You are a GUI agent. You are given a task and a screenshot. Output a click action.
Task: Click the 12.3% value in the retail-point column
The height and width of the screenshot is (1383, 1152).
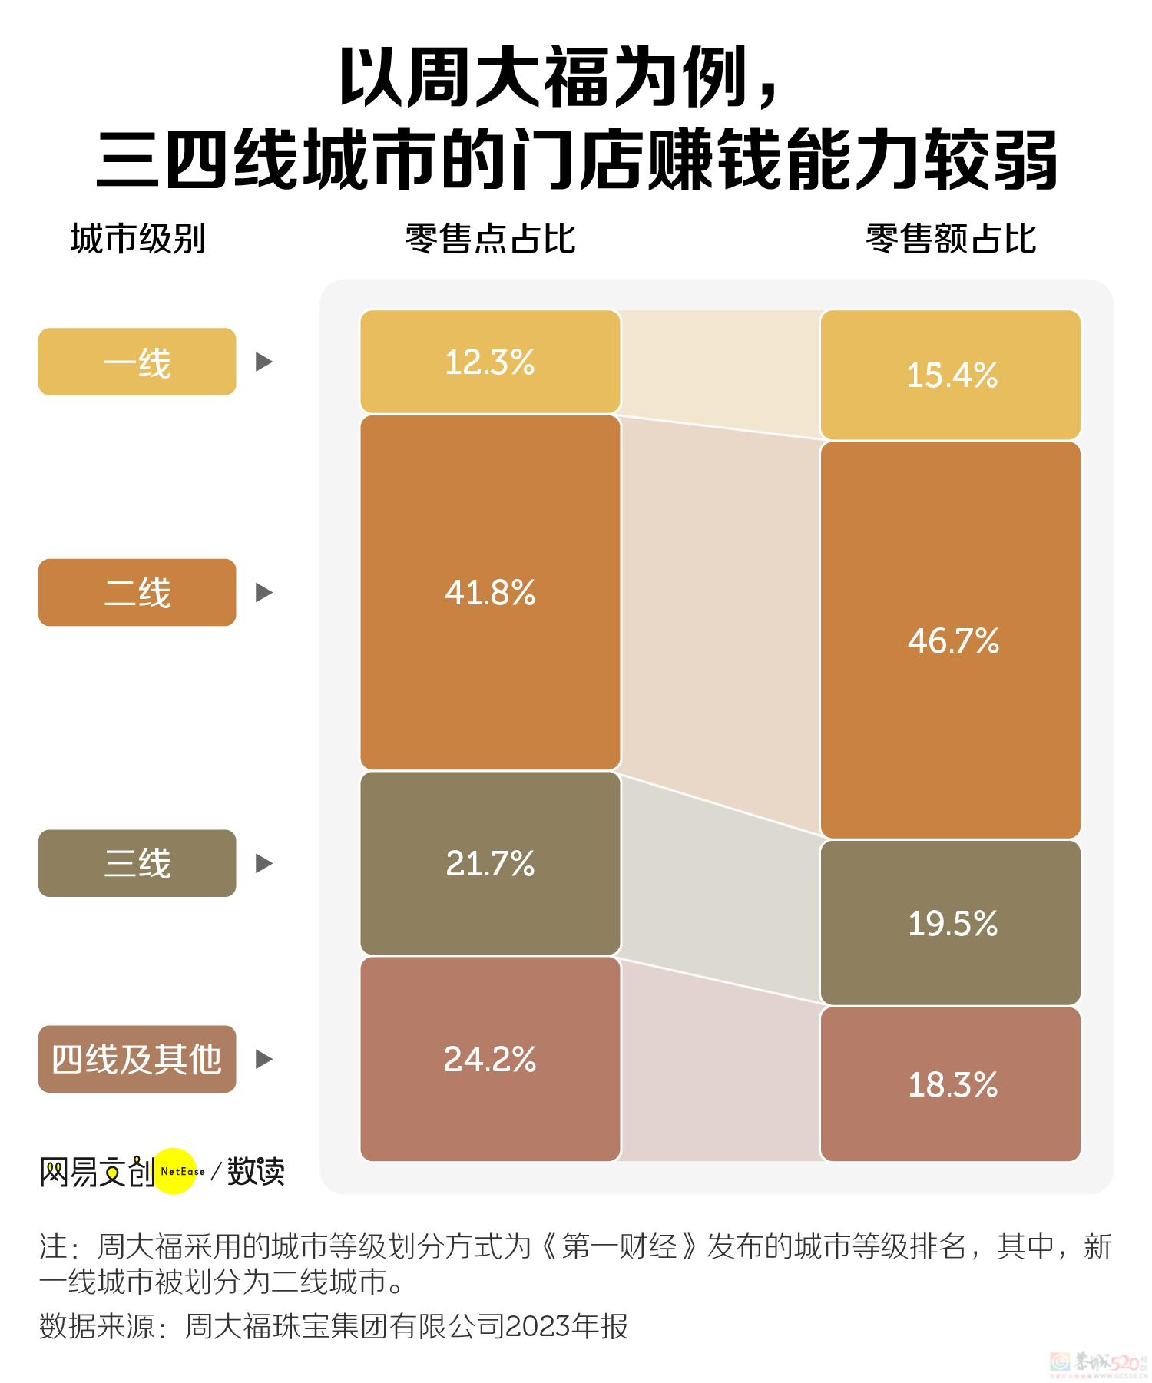(490, 362)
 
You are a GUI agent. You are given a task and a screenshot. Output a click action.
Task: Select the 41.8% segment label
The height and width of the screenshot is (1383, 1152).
(490, 593)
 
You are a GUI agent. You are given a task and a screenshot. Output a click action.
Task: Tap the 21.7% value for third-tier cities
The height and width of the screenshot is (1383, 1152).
(490, 864)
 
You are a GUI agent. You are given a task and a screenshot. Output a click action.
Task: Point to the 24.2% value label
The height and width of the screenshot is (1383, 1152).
(490, 1060)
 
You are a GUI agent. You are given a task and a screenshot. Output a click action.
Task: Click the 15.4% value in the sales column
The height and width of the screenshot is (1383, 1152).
(952, 376)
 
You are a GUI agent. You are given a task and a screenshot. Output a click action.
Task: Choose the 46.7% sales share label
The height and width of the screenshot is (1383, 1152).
(953, 640)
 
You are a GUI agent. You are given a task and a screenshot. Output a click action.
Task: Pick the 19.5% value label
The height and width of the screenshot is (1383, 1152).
(952, 923)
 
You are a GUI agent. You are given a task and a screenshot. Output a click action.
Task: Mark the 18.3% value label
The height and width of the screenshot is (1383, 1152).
(952, 1085)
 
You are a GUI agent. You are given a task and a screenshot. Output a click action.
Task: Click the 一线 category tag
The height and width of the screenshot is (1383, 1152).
(137, 362)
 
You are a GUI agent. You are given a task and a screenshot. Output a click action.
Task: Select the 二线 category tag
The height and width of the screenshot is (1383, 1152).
(137, 593)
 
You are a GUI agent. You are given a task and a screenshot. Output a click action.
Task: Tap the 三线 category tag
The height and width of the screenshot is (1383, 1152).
(137, 863)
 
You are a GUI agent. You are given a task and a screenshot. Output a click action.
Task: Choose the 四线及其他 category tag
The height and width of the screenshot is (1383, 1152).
(137, 1059)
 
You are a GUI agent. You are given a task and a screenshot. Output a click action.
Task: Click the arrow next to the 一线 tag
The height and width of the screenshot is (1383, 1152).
(263, 362)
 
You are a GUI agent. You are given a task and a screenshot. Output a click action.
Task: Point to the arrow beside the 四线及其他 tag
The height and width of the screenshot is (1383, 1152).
(263, 1059)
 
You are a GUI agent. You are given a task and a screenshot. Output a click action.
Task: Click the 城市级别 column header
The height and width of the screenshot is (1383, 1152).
(138, 239)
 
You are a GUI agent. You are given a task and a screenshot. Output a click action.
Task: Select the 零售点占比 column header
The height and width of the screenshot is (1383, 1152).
(490, 239)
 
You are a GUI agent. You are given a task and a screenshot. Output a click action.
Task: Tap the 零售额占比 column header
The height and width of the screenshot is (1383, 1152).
(951, 239)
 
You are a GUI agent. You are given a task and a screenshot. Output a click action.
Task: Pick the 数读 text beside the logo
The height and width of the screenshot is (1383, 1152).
(256, 1172)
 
